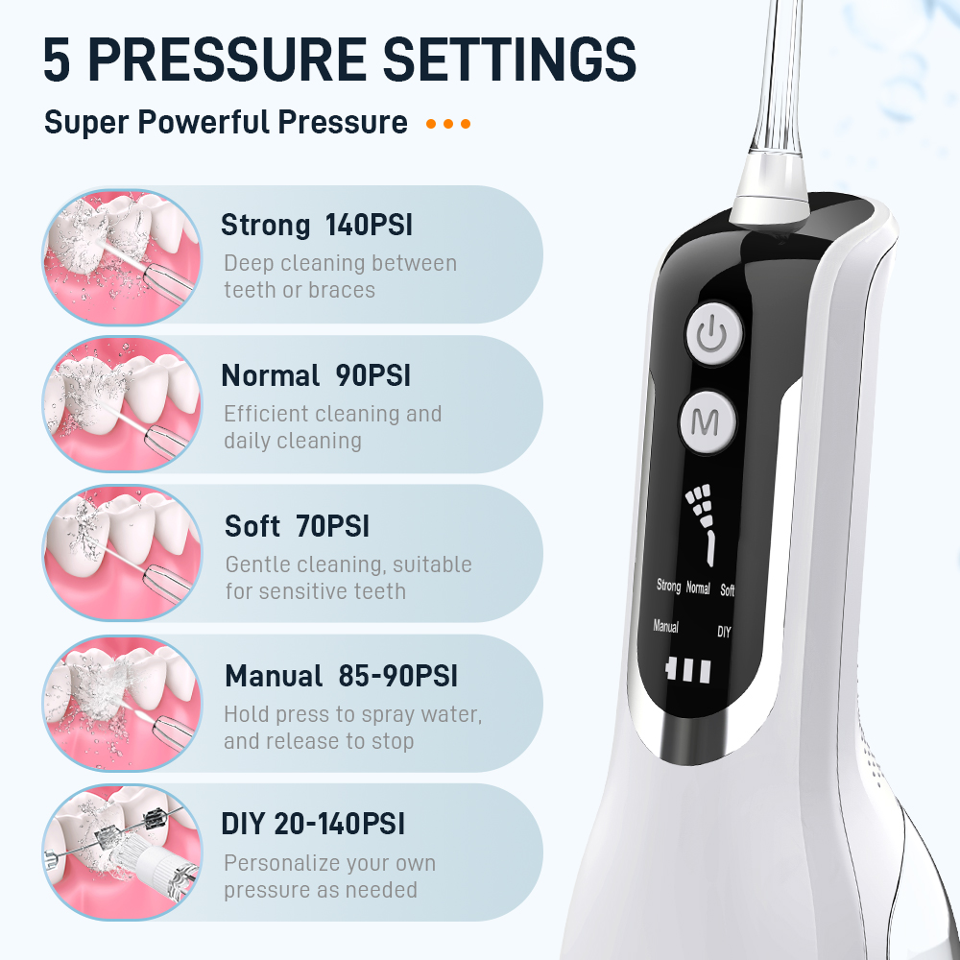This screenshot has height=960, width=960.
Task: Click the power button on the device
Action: click(712, 334)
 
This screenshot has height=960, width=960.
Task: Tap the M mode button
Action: click(708, 421)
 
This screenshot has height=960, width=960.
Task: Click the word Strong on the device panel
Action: click(668, 586)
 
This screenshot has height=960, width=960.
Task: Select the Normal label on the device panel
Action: click(698, 588)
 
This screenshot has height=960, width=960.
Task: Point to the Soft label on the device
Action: click(728, 589)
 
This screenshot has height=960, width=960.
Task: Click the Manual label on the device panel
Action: click(665, 626)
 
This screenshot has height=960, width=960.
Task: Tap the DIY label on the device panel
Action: click(724, 632)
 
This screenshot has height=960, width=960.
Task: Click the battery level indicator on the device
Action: click(688, 670)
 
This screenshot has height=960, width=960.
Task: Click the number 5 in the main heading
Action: click(57, 60)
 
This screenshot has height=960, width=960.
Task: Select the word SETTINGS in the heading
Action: click(510, 60)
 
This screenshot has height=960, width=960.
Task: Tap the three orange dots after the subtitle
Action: click(448, 124)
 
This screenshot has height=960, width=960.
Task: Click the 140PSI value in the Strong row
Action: click(369, 225)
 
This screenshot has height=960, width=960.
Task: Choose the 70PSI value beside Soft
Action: click(332, 526)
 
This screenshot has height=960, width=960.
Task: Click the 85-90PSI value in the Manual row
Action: click(398, 676)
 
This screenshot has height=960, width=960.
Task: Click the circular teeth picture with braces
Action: click(123, 852)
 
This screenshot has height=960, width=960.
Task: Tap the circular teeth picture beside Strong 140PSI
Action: click(123, 256)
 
